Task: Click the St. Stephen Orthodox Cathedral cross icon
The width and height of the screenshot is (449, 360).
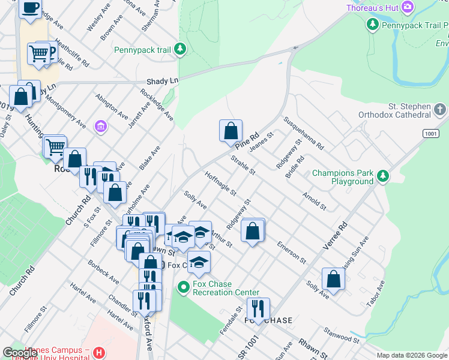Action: click(x=440, y=110)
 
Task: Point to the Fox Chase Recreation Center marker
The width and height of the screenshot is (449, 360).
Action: click(x=184, y=289)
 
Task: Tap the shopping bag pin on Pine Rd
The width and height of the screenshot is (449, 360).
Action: click(x=231, y=130)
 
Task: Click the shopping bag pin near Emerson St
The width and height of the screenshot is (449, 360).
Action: click(x=253, y=230)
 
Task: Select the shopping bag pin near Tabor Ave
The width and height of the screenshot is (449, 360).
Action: click(x=333, y=278)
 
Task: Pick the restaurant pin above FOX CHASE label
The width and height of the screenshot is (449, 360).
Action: click(x=258, y=308)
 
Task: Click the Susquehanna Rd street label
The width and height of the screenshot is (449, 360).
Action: click(x=304, y=133)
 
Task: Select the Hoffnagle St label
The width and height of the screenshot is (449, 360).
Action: click(x=220, y=184)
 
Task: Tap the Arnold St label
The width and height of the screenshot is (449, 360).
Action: click(x=315, y=201)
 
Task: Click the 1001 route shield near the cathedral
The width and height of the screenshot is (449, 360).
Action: click(x=430, y=133)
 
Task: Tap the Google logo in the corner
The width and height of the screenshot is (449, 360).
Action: click(x=20, y=353)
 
